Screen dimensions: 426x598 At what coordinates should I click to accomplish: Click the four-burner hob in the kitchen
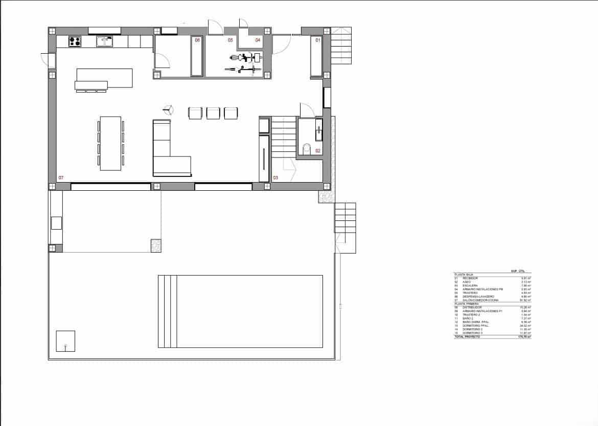tap(75, 41)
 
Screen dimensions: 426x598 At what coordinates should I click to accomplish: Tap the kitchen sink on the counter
tap(105, 41)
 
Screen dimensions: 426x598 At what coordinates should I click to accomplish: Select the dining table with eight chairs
tap(111, 143)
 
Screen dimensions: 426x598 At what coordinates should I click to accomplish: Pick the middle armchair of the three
tap(213, 113)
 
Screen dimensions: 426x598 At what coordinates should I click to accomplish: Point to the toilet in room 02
tap(307, 149)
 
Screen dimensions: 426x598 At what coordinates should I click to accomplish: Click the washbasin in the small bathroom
tap(319, 129)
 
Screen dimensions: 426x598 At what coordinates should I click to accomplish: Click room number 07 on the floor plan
tap(61, 177)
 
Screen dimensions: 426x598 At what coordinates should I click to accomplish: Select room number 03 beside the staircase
tap(275, 178)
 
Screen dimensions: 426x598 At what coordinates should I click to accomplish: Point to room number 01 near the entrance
tap(317, 40)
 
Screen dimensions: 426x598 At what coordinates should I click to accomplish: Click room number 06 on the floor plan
tap(197, 40)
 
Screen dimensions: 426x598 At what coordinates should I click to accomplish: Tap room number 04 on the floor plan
tap(258, 40)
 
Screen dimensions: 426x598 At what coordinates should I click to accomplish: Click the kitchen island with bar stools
tap(104, 80)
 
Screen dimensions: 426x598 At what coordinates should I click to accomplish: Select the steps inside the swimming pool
tap(167, 311)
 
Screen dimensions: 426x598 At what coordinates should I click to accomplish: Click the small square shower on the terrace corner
tap(65, 341)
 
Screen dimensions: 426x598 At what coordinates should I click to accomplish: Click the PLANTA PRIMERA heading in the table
tap(466, 303)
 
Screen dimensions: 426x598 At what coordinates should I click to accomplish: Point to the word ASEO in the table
tap(467, 282)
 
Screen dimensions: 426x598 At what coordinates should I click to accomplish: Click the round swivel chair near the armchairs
tap(168, 109)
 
